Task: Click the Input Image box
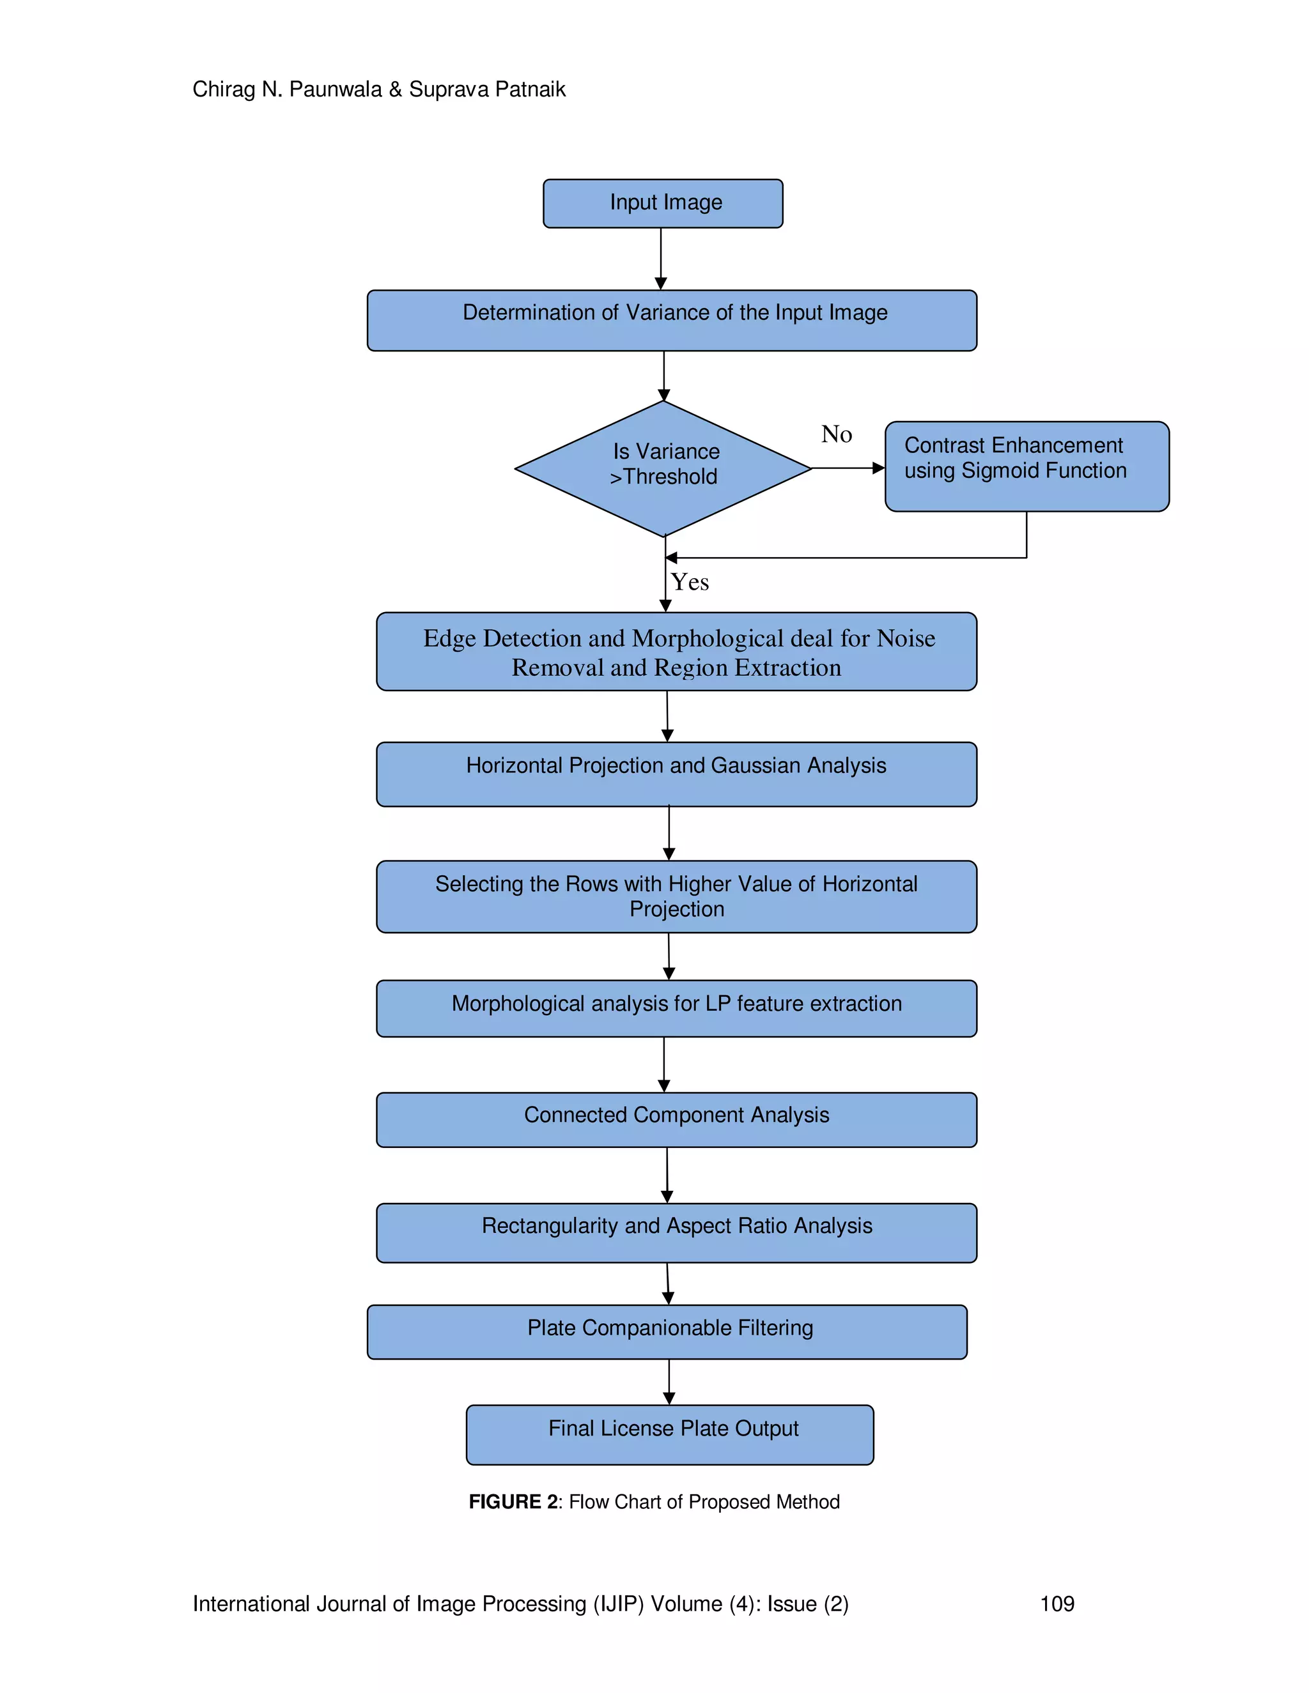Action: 663,204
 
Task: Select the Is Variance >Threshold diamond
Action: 663,468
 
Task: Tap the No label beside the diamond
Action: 837,434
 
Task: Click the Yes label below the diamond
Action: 690,582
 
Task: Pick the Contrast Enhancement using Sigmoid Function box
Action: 1026,466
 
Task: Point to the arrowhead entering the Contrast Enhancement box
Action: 879,468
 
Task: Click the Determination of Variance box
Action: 672,320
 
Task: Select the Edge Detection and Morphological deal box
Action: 676,652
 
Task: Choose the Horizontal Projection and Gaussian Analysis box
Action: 676,774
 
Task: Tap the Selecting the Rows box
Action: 676,897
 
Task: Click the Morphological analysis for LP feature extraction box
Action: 676,1009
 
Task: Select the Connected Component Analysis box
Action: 676,1120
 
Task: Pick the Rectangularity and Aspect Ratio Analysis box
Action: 676,1232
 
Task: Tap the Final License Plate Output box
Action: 670,1435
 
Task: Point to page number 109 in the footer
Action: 1057,1604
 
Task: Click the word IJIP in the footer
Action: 618,1604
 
